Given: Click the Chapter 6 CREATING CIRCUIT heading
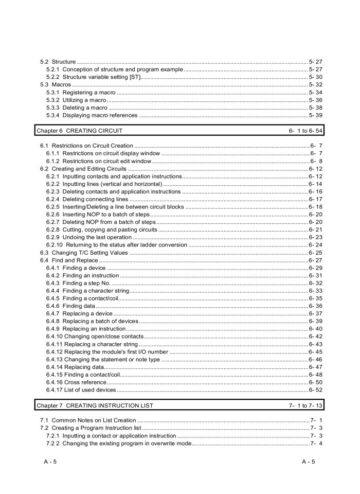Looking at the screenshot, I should [x=79, y=131].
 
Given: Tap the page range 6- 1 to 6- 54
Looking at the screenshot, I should [x=305, y=131].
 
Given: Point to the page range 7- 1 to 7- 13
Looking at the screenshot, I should [x=305, y=405].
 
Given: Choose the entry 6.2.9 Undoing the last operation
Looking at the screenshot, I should [x=89, y=237].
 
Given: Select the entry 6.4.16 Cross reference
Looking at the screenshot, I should [x=77, y=382].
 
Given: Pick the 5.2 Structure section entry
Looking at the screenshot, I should [x=58, y=62].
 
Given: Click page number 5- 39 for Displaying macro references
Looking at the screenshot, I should [x=315, y=115].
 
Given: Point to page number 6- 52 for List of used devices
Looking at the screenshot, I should [x=315, y=390].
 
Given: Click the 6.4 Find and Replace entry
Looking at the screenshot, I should [x=68, y=260].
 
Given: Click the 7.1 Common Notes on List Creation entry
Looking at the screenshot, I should [x=88, y=421].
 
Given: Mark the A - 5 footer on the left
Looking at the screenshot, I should [x=50, y=462].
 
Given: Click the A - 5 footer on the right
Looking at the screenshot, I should [x=309, y=462].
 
